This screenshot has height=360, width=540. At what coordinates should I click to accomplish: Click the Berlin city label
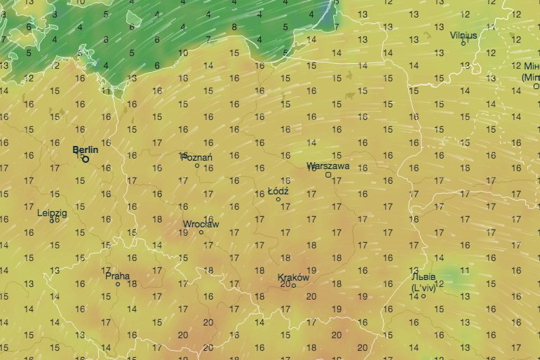tap(86, 150)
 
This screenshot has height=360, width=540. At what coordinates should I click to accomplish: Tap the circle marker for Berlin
tap(86, 159)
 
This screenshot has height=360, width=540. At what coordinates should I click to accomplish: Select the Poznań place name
tap(198, 157)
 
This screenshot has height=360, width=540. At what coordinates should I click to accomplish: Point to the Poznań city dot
tap(197, 166)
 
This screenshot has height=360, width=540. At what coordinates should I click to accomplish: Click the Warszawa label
tap(328, 166)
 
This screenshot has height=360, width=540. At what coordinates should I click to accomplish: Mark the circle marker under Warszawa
tap(328, 175)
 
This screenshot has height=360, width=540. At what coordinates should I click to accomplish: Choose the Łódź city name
tap(278, 191)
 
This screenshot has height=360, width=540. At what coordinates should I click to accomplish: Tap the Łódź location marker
tap(278, 199)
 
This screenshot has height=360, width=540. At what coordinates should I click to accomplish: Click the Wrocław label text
tap(201, 224)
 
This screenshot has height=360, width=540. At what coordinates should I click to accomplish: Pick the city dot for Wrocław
tap(201, 232)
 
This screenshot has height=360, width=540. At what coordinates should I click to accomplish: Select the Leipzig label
tap(52, 212)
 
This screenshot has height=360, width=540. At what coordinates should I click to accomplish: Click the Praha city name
tap(117, 276)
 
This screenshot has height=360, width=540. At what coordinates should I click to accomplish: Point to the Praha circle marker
tap(118, 284)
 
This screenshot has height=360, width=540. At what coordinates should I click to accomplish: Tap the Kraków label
tap(293, 277)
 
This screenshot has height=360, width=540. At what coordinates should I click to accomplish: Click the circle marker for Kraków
tap(294, 285)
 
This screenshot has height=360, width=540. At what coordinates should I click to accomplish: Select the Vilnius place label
tap(464, 34)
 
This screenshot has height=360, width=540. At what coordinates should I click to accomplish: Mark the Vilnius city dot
tap(463, 43)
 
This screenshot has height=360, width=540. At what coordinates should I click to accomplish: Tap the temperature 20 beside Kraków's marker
tap(285, 284)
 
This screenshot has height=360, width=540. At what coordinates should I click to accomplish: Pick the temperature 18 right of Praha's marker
tap(132, 284)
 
